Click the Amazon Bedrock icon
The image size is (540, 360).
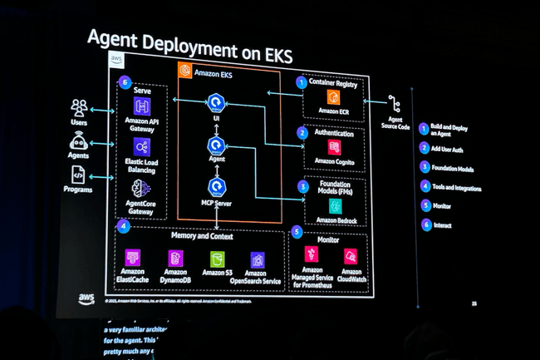335,205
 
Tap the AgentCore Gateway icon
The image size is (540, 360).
141,187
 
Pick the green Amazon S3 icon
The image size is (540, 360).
216,258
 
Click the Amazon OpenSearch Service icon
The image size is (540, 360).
256,258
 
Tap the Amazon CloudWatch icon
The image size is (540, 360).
351,257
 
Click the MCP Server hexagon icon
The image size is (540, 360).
217,185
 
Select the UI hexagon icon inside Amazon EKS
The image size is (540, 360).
217,104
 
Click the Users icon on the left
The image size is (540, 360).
80,108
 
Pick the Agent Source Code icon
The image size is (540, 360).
394,104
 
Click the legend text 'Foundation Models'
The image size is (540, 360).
452,167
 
